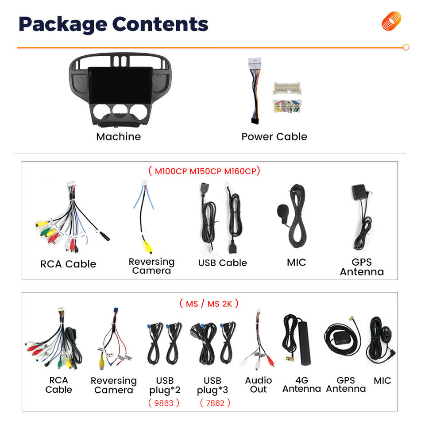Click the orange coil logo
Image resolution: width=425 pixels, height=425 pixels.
[x=391, y=21]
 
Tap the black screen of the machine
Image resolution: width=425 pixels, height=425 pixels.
[x=120, y=85]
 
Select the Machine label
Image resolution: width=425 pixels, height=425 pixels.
[x=119, y=137]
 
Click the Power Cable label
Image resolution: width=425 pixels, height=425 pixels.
[x=274, y=137]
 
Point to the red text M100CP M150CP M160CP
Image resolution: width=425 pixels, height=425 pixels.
[x=205, y=171]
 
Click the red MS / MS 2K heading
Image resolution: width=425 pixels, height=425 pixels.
[x=209, y=304]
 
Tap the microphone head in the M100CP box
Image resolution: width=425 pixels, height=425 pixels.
[x=283, y=211]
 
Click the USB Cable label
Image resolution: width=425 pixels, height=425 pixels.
[x=223, y=263]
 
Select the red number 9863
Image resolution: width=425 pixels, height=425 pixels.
[x=164, y=403]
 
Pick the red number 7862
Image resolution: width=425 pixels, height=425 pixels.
[x=215, y=403]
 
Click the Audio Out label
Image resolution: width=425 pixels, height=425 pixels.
[x=258, y=385]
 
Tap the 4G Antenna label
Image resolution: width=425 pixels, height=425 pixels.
[x=301, y=385]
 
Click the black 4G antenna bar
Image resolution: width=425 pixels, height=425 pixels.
[x=305, y=343]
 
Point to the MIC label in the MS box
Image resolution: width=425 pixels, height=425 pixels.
[x=382, y=381]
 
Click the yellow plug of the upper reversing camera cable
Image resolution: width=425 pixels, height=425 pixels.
[x=148, y=247]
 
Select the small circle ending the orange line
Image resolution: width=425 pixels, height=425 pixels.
[x=406, y=47]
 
